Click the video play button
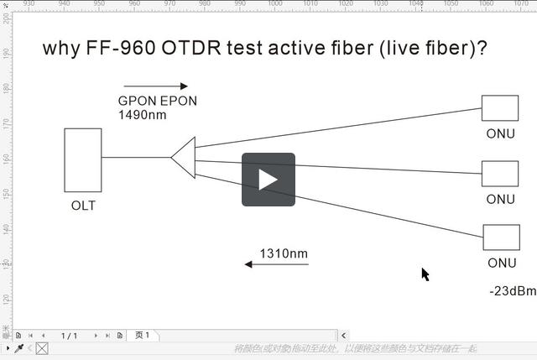coord(268,180)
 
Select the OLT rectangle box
coord(83,159)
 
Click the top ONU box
coord(499,108)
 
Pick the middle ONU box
coord(499,174)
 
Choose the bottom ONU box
coord(501,237)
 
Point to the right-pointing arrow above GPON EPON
coord(156,86)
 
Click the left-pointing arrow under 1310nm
coord(276,264)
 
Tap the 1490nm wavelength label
coord(143,115)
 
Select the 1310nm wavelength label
coord(284,253)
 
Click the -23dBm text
coord(512,291)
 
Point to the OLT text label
coord(83,206)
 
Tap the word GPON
coord(136,102)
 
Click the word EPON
coord(179,102)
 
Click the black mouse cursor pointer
coord(425,274)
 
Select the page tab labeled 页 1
coord(142,336)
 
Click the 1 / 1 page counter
coord(69,336)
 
